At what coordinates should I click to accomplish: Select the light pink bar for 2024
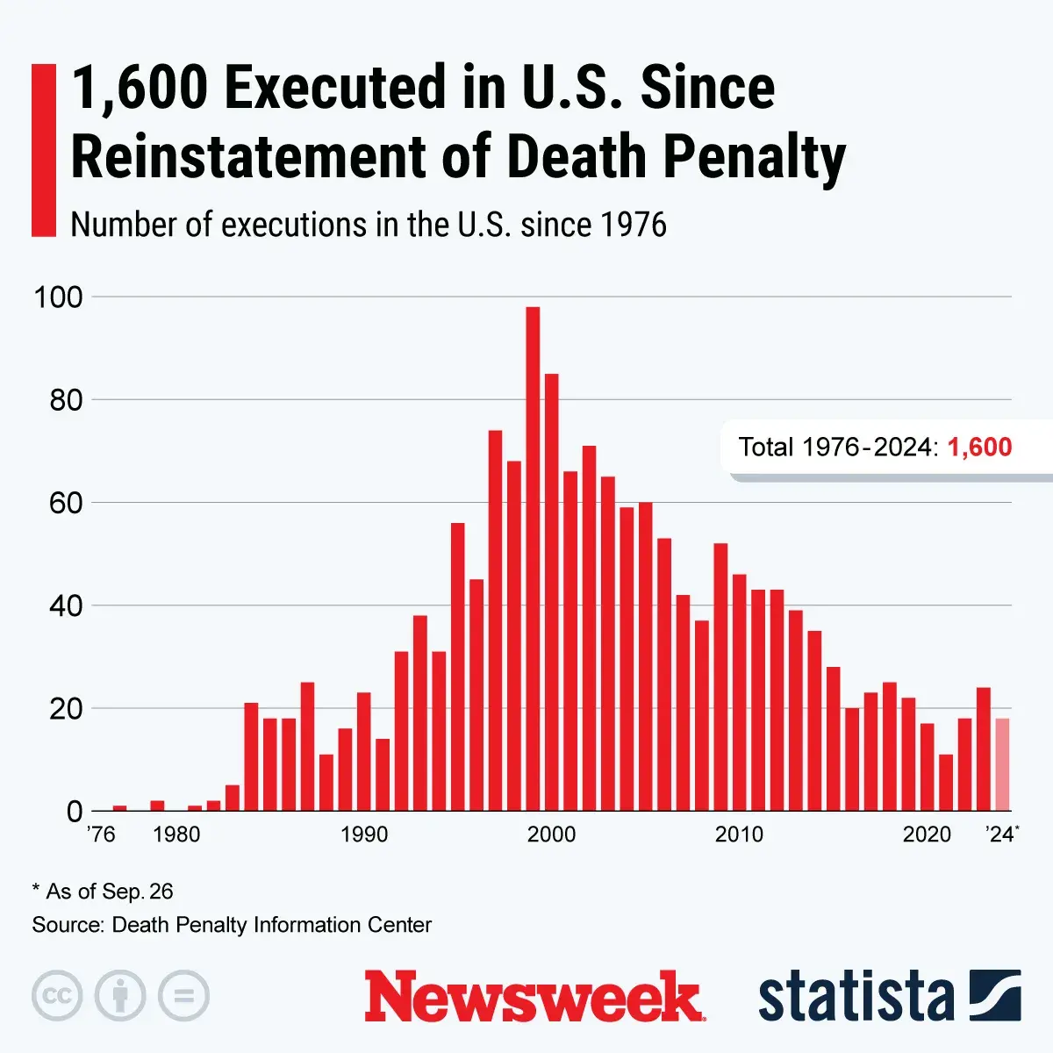[x=1002, y=764]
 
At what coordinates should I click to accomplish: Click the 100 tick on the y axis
[x=58, y=297]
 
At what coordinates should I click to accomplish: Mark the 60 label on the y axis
[x=65, y=504]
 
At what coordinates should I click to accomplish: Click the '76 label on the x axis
[x=101, y=834]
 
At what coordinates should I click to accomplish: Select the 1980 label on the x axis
[x=176, y=834]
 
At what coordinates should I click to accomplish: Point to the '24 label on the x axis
[x=1000, y=834]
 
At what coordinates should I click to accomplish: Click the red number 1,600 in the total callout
[x=979, y=448]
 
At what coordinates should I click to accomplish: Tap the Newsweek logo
[x=534, y=997]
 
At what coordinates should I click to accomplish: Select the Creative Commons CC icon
[x=57, y=996]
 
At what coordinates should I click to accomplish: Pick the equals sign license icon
[x=183, y=996]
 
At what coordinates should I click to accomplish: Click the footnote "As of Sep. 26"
[x=109, y=892]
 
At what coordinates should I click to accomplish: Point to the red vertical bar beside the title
[x=43, y=150]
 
